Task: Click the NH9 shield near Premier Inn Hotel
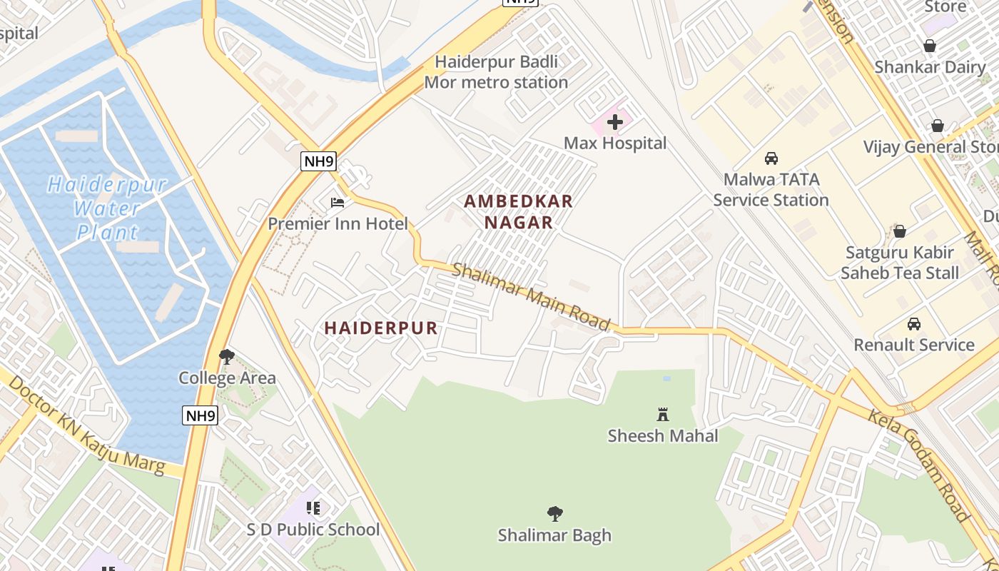tap(318, 161)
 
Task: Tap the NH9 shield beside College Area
tap(200, 415)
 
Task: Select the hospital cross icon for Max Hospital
tap(615, 122)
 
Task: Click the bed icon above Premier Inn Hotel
tap(338, 203)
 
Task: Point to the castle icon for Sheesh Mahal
tap(663, 414)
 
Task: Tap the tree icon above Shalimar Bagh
tap(554, 513)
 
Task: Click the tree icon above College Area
tap(227, 356)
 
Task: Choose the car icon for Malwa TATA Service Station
tap(771, 158)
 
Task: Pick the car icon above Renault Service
tap(913, 324)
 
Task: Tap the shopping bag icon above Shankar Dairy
tap(929, 46)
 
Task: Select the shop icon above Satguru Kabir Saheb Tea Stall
tap(899, 232)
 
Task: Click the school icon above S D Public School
tap(313, 508)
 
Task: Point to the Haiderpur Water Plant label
tap(107, 208)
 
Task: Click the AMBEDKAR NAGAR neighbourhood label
tap(519, 212)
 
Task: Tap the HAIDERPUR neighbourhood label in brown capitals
tap(381, 328)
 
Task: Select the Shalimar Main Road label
tap(532, 297)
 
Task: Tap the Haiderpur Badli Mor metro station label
tap(497, 72)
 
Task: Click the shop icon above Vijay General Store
tap(937, 126)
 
